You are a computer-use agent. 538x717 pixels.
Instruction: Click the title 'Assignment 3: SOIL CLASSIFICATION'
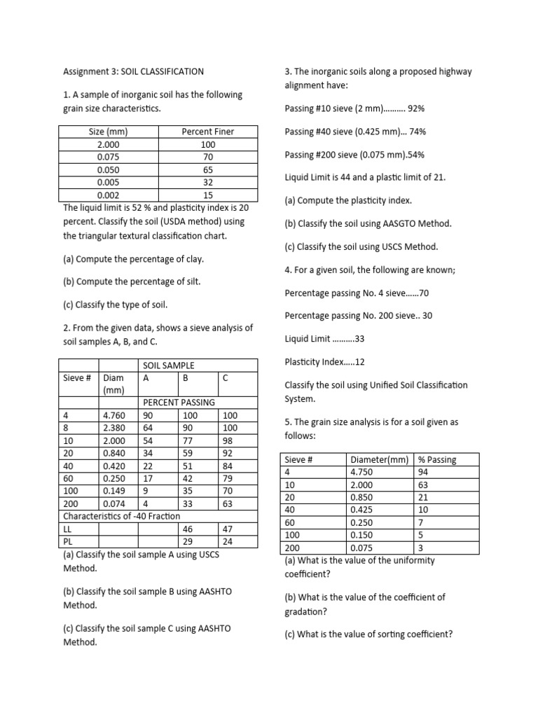[x=133, y=71]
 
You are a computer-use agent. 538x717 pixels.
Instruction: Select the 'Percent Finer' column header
[x=208, y=132]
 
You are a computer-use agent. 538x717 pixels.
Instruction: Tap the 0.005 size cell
[x=109, y=183]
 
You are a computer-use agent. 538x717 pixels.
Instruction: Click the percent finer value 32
[x=208, y=183]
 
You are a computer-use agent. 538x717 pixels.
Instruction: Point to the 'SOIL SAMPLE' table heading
[x=168, y=366]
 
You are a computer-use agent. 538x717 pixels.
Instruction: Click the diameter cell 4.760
[x=114, y=415]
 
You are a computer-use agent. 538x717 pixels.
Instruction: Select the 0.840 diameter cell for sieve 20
[x=114, y=453]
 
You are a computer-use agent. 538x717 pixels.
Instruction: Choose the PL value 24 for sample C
[x=227, y=542]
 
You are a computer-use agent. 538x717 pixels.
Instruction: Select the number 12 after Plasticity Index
[x=361, y=362]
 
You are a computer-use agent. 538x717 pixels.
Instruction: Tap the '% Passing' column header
[x=436, y=460]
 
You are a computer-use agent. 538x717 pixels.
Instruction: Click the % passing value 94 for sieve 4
[x=423, y=472]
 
